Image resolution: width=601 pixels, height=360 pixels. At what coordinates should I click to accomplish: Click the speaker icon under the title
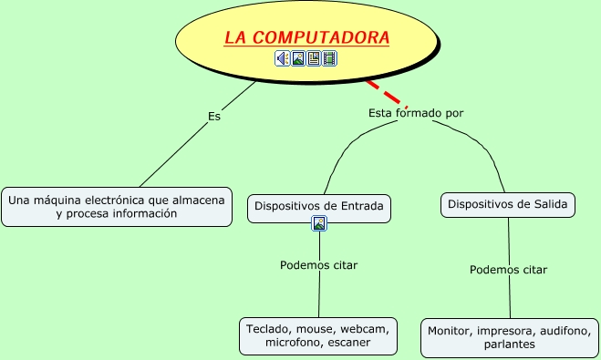pos(283,58)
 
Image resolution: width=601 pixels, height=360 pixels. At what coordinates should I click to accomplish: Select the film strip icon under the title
pos(329,58)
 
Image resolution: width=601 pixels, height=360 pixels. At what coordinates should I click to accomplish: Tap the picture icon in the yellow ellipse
pos(298,58)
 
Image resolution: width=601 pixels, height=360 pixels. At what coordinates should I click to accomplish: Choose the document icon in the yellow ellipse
pos(314,58)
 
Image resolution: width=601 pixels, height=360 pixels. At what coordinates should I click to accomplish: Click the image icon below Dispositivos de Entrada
pos(319,223)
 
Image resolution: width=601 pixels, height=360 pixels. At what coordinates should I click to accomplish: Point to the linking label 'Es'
pos(214,116)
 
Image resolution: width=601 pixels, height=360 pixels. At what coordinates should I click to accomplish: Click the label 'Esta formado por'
pos(416,113)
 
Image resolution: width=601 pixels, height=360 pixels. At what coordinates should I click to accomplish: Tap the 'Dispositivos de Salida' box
pos(509,205)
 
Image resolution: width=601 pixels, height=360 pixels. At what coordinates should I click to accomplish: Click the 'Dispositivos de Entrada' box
pos(319,206)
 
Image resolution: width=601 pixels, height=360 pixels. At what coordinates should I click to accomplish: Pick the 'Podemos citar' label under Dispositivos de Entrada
pos(318,265)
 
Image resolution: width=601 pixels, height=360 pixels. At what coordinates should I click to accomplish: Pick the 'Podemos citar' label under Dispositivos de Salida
pos(508,270)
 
